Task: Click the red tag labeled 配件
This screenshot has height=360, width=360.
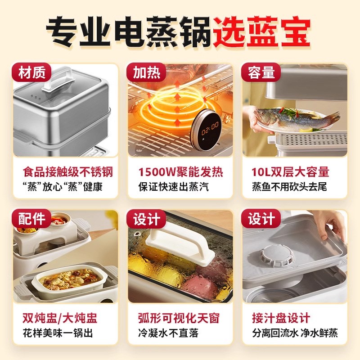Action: click(33, 219)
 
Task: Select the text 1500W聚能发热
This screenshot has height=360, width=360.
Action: click(180, 172)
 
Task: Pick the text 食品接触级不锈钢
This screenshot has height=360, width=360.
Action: click(67, 172)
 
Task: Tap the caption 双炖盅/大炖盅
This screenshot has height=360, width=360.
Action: click(60, 319)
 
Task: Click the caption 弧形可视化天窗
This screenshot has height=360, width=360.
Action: click(179, 319)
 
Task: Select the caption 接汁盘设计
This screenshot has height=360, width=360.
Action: click(281, 319)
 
